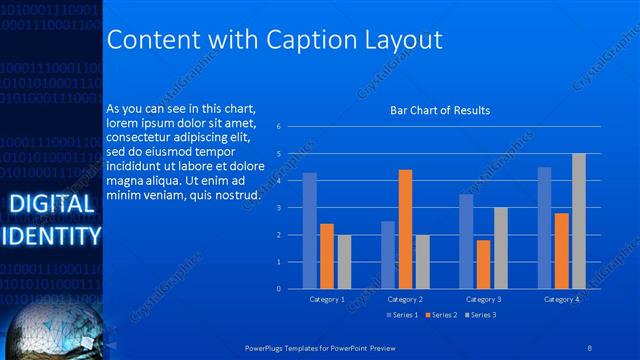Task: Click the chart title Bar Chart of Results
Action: (440, 110)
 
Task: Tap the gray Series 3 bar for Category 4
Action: (578, 221)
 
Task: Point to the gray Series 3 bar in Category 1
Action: (344, 261)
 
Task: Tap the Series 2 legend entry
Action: (440, 315)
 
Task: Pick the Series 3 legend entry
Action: (479, 315)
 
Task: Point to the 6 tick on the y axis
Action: (280, 126)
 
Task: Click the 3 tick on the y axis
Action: (280, 207)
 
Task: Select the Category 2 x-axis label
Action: (405, 299)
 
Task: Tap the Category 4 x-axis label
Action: (561, 299)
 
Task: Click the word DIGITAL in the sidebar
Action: (50, 206)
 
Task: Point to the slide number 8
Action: (590, 347)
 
